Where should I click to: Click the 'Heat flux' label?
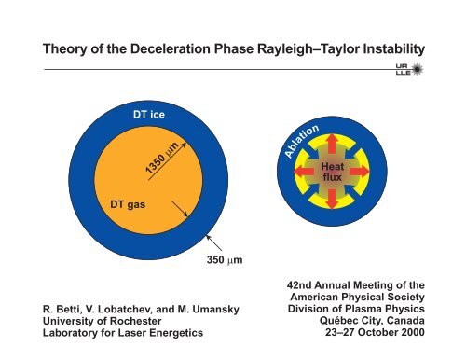(x=333, y=173)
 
